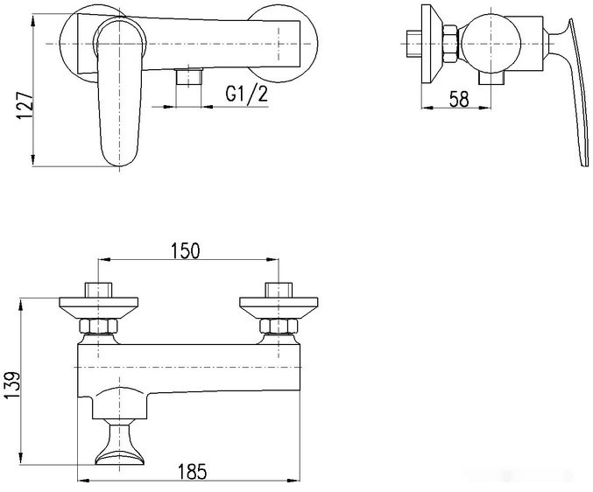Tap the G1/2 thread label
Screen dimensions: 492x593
247,94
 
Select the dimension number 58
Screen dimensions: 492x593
458,99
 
